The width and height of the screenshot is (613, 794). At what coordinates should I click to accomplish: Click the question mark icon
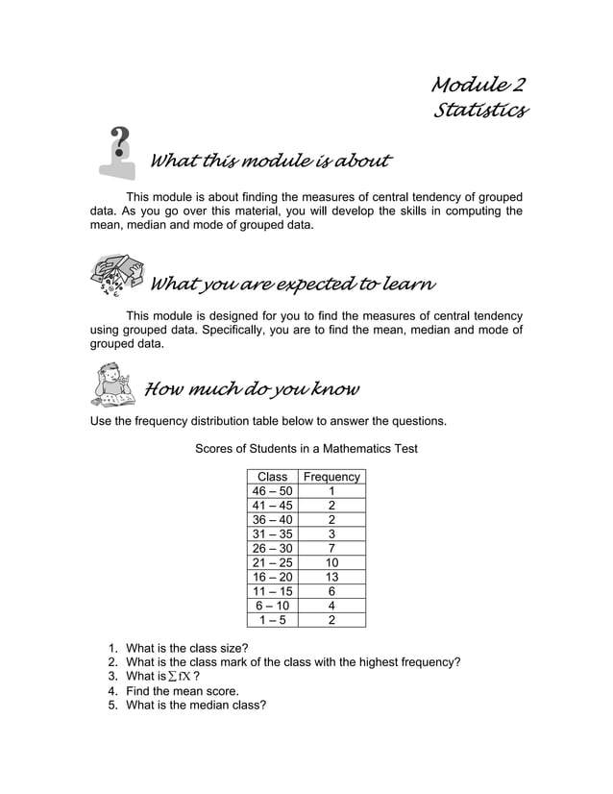pos(119,152)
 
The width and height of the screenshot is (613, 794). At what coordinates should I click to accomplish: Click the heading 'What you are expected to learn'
pos(293,285)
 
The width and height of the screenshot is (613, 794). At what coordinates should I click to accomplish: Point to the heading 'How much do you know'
pos(252,389)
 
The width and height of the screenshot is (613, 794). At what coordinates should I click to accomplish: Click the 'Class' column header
pos(273,477)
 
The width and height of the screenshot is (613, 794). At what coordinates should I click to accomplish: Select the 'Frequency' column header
pos(331,477)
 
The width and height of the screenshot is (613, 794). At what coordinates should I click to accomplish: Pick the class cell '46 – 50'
pos(273,491)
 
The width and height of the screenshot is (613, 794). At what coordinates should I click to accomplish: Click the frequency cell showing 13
pos(331,577)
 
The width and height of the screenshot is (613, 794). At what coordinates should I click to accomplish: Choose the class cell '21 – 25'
pos(273,562)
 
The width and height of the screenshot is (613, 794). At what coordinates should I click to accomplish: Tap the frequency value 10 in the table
pos(331,562)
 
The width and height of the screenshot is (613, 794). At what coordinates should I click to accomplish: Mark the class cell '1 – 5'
pos(273,620)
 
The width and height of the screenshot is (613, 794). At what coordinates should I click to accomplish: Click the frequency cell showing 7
pos(331,548)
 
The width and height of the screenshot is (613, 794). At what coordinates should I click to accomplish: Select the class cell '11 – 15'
pos(273,591)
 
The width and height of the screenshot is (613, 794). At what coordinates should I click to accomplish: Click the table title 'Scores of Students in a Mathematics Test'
pos(306,449)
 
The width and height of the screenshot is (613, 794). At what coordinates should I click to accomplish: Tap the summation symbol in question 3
pos(172,677)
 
